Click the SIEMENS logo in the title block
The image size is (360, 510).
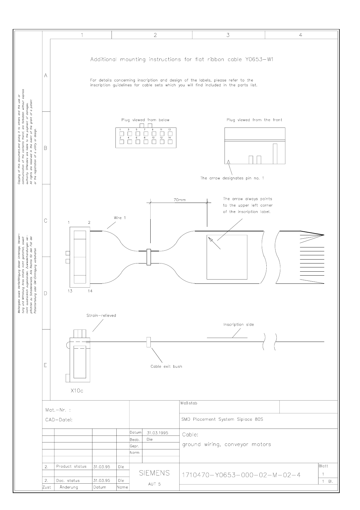coord(154,473)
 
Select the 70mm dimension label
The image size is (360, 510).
coord(180,200)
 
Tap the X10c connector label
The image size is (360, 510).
coord(77,391)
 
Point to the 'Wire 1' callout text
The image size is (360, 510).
coord(120,218)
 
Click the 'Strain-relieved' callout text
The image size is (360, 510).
coord(101,315)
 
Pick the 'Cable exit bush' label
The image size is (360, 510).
coord(166,366)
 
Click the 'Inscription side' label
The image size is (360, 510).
coord(238,324)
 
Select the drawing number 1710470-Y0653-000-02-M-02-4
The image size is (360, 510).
coord(241,475)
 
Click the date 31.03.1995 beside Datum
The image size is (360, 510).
coord(157,433)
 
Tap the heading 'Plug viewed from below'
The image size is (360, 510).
coord(145,120)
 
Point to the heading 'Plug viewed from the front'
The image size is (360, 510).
coord(254,120)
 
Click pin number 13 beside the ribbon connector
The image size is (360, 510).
coord(70,291)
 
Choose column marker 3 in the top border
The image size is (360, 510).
coord(228,35)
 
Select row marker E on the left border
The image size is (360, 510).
coord(45,365)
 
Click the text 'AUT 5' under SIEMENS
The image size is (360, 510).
coord(154,484)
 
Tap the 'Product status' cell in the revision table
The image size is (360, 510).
coord(71,466)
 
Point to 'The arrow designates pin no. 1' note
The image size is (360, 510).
coord(232,178)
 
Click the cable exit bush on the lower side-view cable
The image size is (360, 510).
coord(148,342)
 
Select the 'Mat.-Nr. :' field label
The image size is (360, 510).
coord(58,410)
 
